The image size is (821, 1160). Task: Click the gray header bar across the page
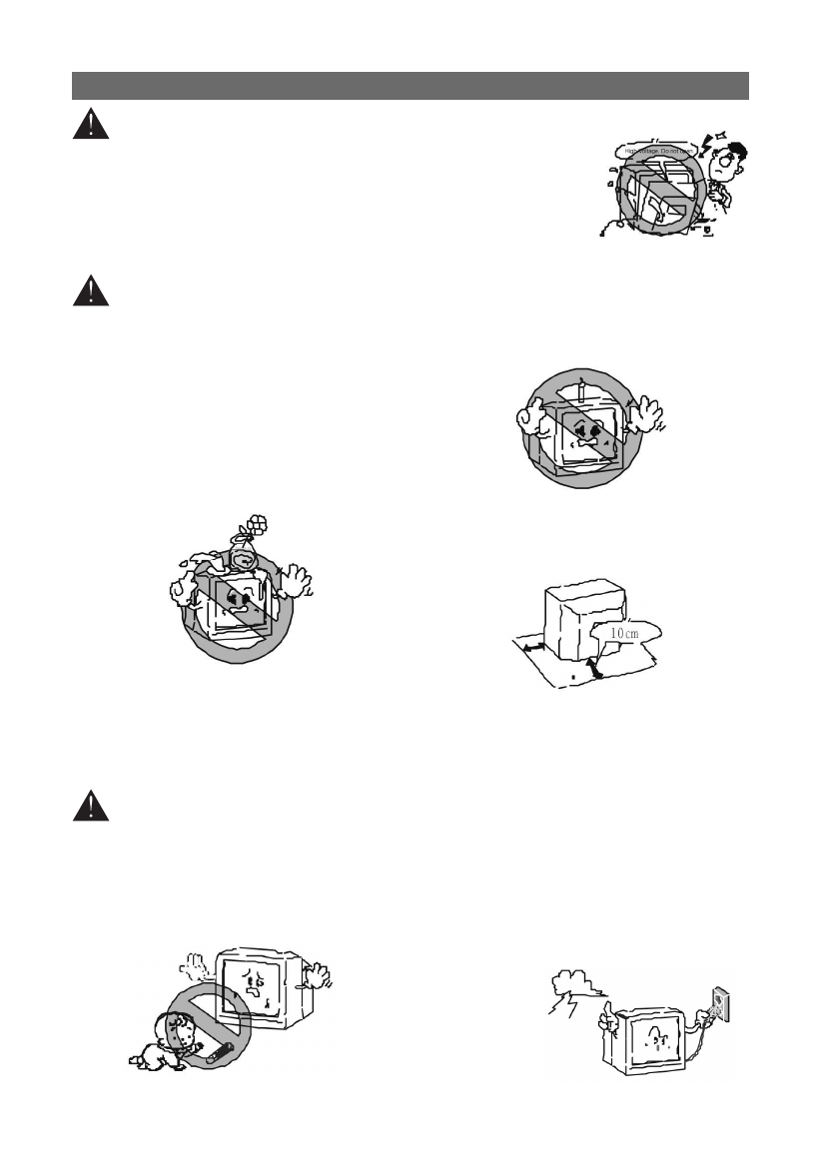[x=410, y=86]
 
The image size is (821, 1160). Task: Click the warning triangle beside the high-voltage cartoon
[x=90, y=125]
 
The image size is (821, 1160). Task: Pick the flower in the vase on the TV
[x=257, y=524]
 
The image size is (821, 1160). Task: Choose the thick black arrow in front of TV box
[x=596, y=669]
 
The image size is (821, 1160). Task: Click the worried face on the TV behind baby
[x=249, y=987]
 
